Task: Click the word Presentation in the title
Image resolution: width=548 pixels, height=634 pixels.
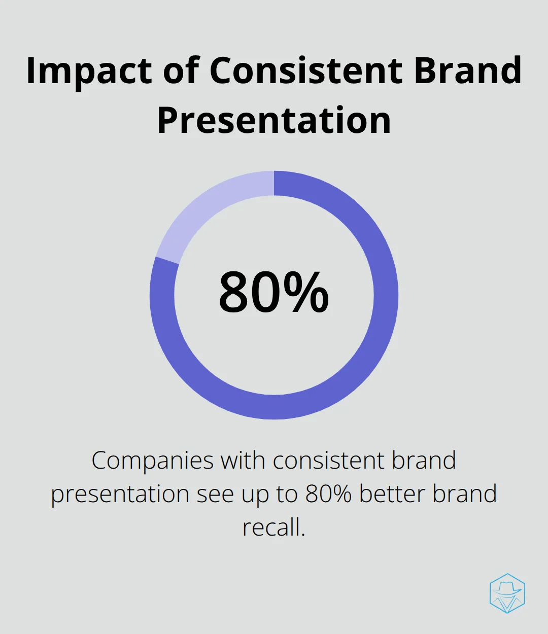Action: [x=274, y=120]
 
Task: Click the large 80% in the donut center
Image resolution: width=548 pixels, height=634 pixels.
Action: [x=273, y=292]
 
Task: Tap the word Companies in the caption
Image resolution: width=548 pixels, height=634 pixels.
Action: [x=153, y=461]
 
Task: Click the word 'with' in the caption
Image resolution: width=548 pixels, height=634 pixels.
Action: [x=243, y=460]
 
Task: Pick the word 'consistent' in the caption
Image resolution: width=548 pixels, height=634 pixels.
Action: [x=329, y=460]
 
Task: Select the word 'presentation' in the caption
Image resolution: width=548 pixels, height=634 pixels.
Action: [x=120, y=495]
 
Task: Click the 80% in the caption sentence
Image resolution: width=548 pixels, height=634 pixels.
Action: [x=328, y=494]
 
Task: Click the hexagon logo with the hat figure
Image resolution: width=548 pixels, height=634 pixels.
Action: [x=507, y=593]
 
